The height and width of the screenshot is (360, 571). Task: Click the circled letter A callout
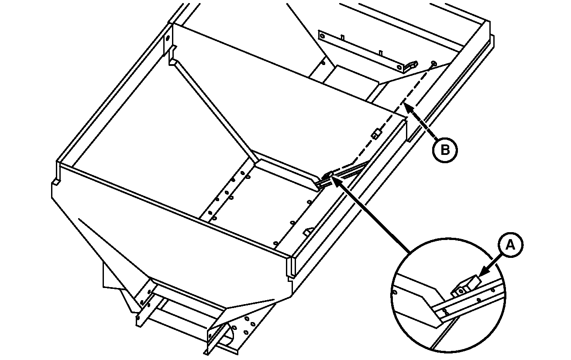[511, 245]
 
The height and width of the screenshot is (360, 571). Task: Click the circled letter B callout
[445, 150]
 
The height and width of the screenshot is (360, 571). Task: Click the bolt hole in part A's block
[461, 291]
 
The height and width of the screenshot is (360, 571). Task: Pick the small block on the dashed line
[376, 134]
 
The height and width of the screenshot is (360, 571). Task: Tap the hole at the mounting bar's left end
[323, 36]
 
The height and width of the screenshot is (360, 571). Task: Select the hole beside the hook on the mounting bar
[399, 68]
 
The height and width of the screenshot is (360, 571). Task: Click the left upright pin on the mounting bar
[343, 38]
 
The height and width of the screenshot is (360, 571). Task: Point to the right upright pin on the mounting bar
[381, 53]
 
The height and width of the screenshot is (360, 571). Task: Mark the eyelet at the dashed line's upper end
[433, 63]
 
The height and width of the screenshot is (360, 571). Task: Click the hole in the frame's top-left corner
[168, 38]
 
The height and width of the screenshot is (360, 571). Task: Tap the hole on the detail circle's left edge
[395, 292]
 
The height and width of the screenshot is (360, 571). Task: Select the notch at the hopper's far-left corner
[55, 182]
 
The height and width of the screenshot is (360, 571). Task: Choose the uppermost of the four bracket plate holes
[247, 319]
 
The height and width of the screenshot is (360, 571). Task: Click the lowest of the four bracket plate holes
[246, 332]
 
